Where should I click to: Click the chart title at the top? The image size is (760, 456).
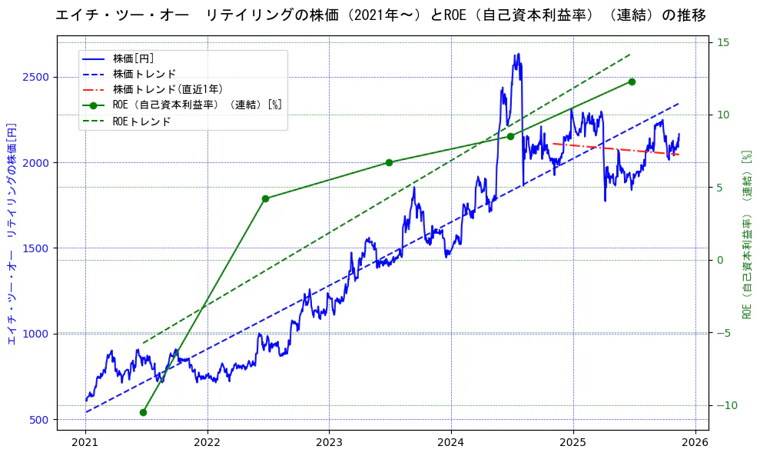coord(380,15)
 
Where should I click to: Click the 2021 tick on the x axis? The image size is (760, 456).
coord(85,442)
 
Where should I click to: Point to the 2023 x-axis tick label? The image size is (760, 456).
coord(329,442)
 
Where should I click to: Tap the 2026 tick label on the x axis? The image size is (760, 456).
coord(695,442)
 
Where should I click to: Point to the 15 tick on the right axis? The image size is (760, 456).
coord(723,42)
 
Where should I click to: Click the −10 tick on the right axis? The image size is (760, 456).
coord(726,405)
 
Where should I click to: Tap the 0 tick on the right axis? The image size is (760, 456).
coord(720,260)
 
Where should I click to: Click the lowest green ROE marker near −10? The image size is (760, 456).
coord(143,412)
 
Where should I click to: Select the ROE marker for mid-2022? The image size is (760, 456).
coord(265,198)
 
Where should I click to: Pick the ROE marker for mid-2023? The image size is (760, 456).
coord(389,162)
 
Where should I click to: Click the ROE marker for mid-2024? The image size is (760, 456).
coord(510,136)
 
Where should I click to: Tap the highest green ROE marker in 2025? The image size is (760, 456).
coord(632,82)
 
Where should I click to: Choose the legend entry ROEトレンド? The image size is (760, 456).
coord(141,121)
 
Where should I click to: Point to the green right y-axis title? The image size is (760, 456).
coord(746,235)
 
